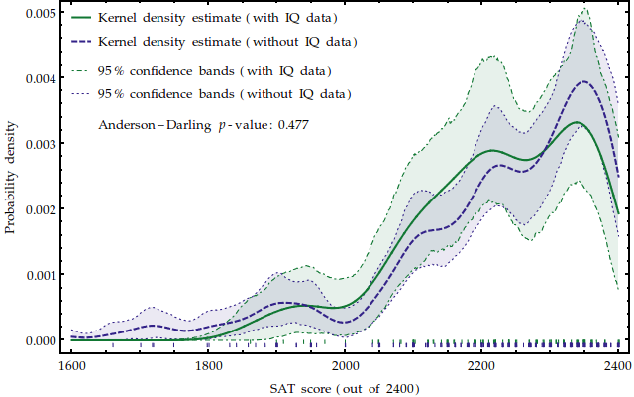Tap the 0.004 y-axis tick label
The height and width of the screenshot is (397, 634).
click(x=40, y=77)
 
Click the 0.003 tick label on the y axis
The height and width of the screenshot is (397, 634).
click(x=40, y=143)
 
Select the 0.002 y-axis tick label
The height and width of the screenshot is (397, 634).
click(x=40, y=208)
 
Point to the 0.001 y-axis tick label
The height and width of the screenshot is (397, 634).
click(x=40, y=274)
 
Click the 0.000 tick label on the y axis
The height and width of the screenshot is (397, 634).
click(x=40, y=339)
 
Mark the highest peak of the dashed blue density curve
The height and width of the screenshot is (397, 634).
click(x=584, y=82)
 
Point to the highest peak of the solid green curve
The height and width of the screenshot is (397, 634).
click(x=577, y=122)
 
